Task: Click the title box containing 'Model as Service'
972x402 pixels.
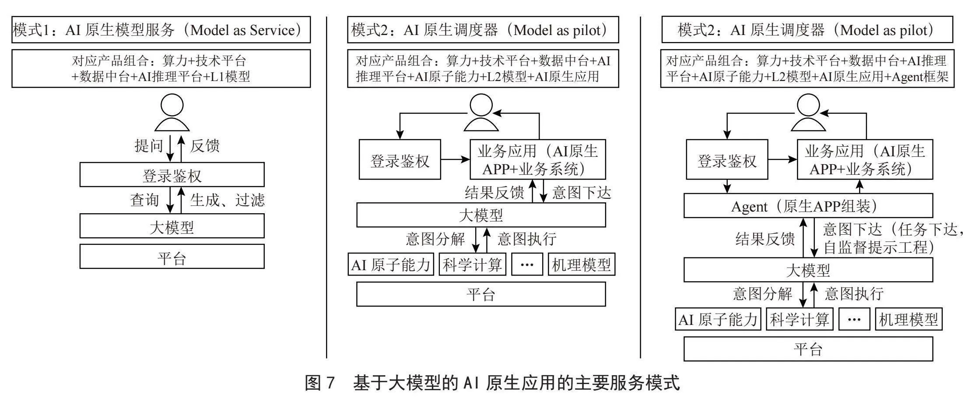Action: pos(161,30)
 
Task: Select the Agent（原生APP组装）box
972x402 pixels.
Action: pos(808,206)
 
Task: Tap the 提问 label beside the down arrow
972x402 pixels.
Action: pos(149,146)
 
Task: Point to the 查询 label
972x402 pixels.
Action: pos(144,200)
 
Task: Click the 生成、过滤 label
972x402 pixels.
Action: pos(228,200)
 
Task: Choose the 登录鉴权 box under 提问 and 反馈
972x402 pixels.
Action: pos(172,175)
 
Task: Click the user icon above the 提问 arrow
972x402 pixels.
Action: pos(172,113)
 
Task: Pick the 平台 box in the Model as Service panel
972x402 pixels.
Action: pos(172,257)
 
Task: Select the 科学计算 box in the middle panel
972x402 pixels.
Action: pos(472,264)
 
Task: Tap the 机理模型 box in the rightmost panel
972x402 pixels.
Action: pos(909,319)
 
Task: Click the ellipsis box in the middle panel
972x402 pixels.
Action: pos(527,264)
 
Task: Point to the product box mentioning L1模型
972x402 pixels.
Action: pos(161,68)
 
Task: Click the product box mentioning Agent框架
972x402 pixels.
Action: pos(807,68)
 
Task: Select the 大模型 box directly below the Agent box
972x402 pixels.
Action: pos(808,270)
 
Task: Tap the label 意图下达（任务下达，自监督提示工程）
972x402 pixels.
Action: pos(893,238)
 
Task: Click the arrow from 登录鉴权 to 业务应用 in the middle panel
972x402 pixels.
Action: pos(455,159)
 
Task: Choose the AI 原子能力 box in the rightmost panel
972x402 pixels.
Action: pos(718,319)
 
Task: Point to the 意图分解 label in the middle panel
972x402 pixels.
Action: pos(435,239)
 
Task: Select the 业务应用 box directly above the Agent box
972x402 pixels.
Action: pos(865,159)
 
